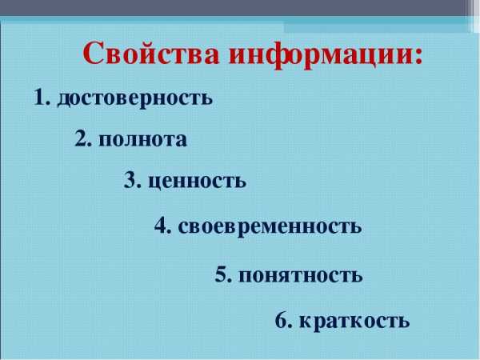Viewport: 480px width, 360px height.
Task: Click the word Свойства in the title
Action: [x=151, y=52]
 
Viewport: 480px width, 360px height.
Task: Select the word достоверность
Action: [x=134, y=98]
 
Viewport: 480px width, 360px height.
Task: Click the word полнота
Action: [x=142, y=140]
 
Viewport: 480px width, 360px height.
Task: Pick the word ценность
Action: [x=197, y=181]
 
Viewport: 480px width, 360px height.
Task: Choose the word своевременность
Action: [x=270, y=227]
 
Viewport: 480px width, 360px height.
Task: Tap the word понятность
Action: [x=301, y=275]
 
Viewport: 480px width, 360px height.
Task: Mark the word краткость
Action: [x=354, y=321]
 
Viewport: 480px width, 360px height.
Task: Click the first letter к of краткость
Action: [x=306, y=322]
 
